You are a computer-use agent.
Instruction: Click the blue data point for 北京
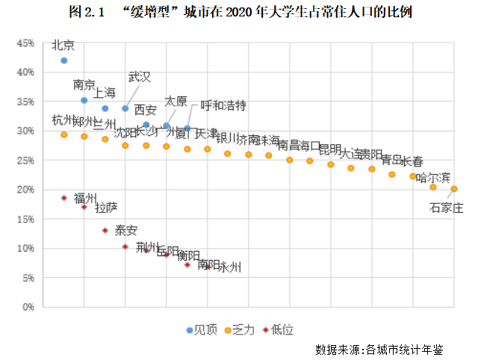[x=64, y=60]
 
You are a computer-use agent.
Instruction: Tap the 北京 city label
[x=63, y=45]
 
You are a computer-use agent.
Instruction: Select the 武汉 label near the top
[x=140, y=77]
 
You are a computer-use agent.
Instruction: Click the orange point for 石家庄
[x=454, y=189]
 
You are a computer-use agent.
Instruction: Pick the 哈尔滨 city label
[x=433, y=178]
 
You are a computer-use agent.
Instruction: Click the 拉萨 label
[x=106, y=207]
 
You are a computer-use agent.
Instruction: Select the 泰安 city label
[x=125, y=231]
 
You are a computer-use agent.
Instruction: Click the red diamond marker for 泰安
[x=125, y=246]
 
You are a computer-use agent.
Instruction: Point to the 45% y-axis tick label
[x=25, y=43]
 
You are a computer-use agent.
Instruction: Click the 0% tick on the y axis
[x=28, y=307]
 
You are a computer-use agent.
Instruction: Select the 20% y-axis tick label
[x=25, y=190]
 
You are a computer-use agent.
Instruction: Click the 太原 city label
[x=176, y=100]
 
